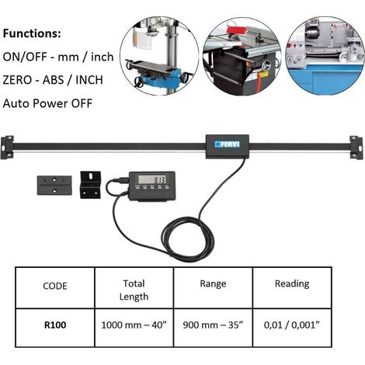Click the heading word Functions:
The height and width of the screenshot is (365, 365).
[x=32, y=33]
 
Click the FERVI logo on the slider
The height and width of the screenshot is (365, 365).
[x=228, y=144]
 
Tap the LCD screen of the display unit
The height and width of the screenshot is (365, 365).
[x=152, y=179]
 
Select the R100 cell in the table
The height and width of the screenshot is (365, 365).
[x=55, y=325]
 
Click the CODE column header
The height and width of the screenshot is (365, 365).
[x=55, y=286]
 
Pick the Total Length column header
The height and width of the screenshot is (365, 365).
[x=134, y=290]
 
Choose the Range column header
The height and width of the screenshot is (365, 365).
[x=213, y=284]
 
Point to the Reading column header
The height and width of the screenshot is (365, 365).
[x=292, y=284]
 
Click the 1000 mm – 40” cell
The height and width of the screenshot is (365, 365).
[x=134, y=325]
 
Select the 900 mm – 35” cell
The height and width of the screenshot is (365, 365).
[x=213, y=325]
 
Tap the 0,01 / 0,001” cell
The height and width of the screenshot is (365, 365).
[x=292, y=325]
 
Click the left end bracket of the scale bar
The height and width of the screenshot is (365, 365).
[x=7, y=148]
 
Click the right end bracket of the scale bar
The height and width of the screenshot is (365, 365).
[x=356, y=148]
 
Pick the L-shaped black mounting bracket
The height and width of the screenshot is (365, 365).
[x=90, y=185]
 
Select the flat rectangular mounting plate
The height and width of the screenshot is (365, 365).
[x=54, y=185]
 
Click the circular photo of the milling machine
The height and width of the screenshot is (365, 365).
[x=159, y=56]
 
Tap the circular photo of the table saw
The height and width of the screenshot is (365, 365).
[x=242, y=56]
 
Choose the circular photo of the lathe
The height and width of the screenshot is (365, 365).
[x=325, y=56]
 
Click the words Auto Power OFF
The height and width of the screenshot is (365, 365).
[x=47, y=103]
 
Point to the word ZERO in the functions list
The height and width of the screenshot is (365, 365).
[x=17, y=80]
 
